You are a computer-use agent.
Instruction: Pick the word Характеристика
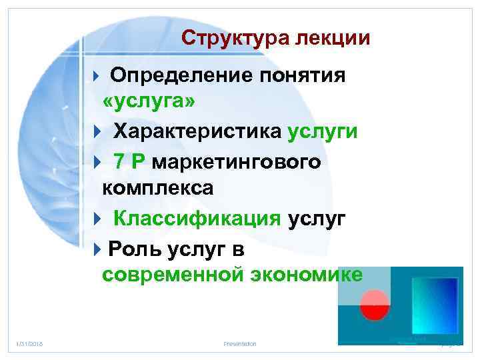click(x=197, y=131)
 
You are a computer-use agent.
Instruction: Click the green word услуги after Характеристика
click(x=323, y=131)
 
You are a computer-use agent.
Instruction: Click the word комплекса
click(x=158, y=188)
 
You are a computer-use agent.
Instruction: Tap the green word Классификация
click(x=197, y=218)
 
